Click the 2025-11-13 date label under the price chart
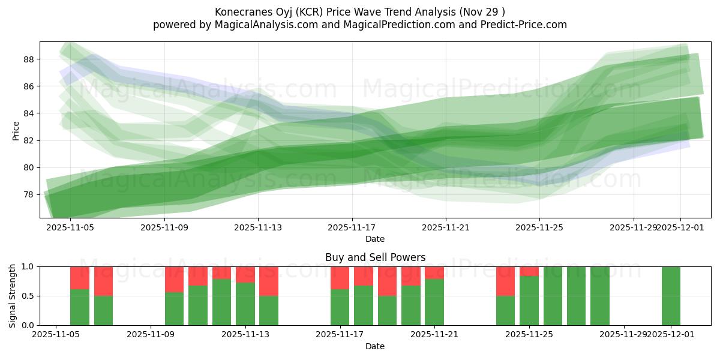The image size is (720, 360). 258,228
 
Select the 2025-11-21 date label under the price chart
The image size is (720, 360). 446,228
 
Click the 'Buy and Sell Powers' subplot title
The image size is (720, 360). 375,257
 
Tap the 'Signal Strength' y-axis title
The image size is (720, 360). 13,296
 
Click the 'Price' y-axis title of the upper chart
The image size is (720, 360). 16,130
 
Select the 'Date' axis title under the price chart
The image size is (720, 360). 375,239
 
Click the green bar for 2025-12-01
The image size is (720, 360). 671,296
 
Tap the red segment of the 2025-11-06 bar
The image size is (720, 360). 80,278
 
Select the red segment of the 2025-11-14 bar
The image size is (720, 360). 269,281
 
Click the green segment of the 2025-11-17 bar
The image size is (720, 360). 340,307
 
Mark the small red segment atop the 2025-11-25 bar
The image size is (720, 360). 529,271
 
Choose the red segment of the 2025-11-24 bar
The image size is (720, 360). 505,281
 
